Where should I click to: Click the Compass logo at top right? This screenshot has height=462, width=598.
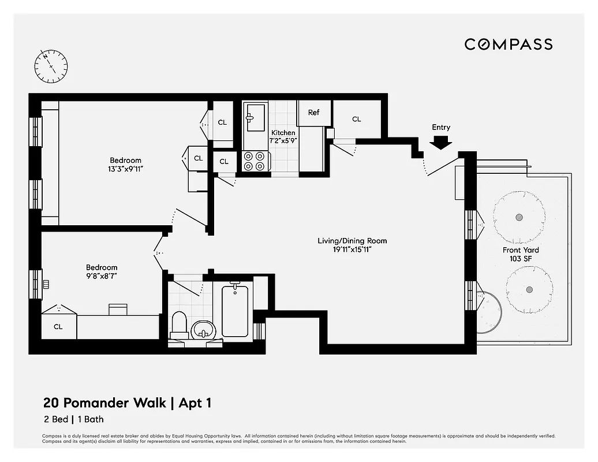[x=509, y=44]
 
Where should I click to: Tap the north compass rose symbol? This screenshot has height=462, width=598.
[x=51, y=65]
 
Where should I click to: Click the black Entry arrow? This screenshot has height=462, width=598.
[x=442, y=142]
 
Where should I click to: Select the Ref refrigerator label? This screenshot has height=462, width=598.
[x=313, y=113]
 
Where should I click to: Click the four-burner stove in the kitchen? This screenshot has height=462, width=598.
[x=256, y=161]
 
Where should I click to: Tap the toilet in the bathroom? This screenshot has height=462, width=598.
[x=180, y=325]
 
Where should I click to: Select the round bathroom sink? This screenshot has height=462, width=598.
[x=202, y=329]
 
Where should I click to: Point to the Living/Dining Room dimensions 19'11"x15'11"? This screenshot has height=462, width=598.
[x=352, y=249]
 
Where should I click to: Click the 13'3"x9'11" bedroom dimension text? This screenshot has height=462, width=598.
[x=126, y=169]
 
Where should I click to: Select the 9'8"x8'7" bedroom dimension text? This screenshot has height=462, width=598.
[x=102, y=276]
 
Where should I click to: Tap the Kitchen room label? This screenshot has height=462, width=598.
[x=283, y=133]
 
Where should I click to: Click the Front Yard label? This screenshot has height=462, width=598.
[x=520, y=250]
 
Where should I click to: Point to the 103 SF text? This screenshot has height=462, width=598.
[x=520, y=259]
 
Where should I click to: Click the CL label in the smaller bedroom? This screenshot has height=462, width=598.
[x=58, y=327]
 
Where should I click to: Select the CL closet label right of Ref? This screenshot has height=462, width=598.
[x=357, y=119]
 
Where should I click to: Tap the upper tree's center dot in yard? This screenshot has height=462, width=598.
[x=519, y=217]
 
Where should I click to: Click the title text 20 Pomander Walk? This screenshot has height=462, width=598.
[x=104, y=403]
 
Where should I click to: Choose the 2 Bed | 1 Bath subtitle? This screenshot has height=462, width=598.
[x=73, y=419]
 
